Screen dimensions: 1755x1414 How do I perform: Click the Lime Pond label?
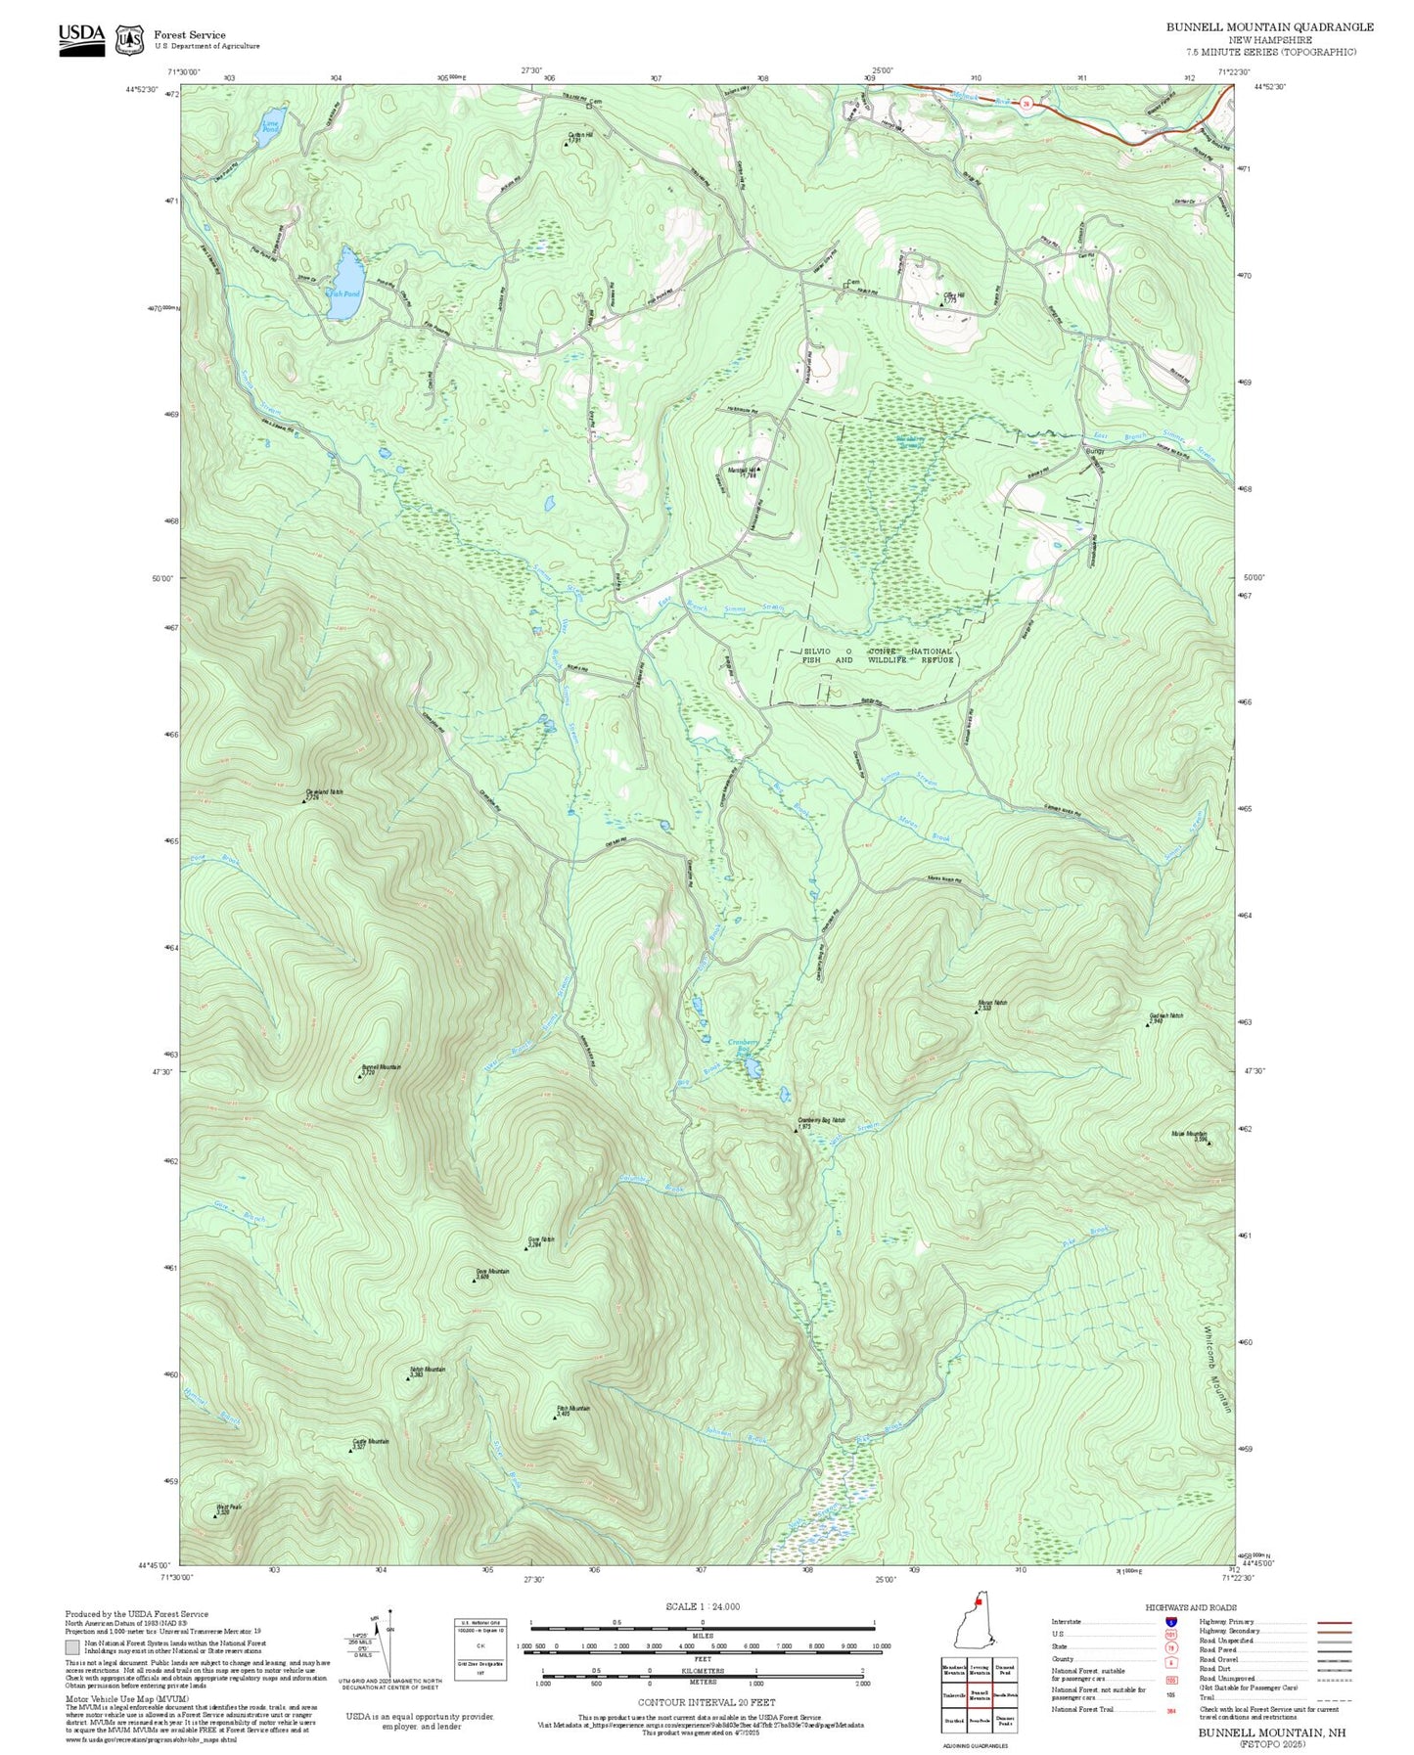[x=271, y=124]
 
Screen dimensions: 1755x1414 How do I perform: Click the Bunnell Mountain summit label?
[x=381, y=1067]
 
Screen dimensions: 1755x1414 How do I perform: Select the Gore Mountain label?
[x=492, y=1272]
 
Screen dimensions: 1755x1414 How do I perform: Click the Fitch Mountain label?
[x=573, y=1409]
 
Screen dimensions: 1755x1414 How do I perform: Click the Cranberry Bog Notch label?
[x=821, y=1120]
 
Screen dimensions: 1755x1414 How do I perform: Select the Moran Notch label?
[x=991, y=1003]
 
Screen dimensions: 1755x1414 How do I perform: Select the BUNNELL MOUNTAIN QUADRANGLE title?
[x=1269, y=26]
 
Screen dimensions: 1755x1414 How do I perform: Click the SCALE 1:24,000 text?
[x=702, y=1606]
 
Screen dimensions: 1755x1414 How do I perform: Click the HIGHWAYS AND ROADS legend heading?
[x=1190, y=1607]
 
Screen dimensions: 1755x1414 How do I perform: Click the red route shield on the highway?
[x=1026, y=102]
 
